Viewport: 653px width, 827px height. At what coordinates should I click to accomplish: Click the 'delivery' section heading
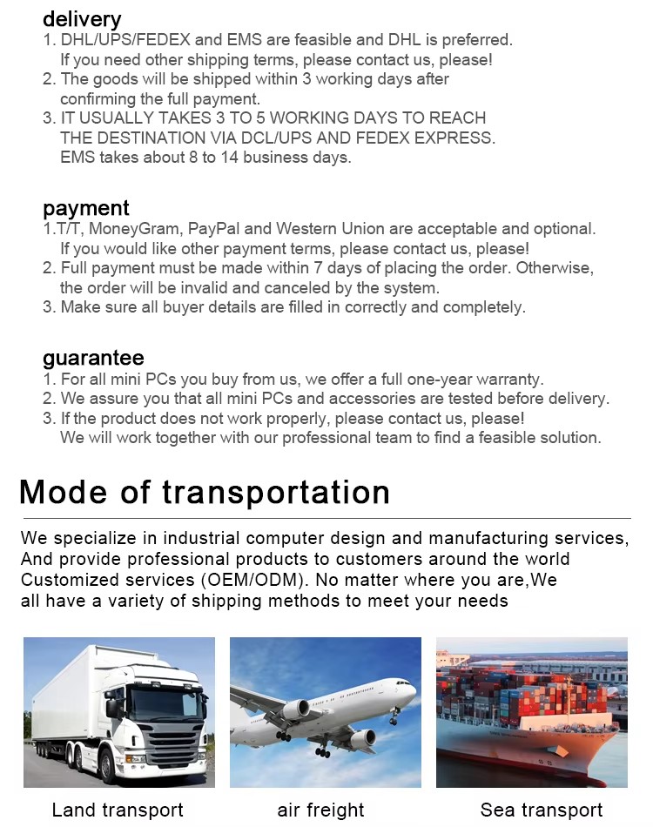[x=82, y=19]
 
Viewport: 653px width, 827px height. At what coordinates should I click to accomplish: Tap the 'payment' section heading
[x=86, y=208]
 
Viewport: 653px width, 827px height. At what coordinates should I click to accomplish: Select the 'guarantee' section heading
[x=93, y=358]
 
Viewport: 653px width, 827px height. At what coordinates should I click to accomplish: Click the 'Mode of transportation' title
[x=205, y=493]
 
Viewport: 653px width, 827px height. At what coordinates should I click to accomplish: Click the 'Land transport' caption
[x=118, y=810]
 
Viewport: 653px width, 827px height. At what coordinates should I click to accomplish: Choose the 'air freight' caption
[x=321, y=810]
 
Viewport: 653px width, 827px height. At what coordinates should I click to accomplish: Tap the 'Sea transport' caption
[x=542, y=810]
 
